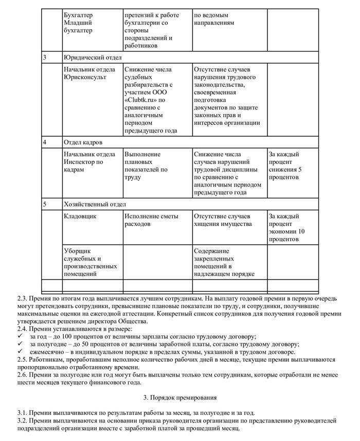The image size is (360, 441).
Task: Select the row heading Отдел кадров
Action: (x=83, y=142)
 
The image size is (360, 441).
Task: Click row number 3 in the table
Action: (x=45, y=57)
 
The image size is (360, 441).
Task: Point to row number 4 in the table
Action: (x=45, y=142)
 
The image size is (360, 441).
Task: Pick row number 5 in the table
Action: (x=45, y=204)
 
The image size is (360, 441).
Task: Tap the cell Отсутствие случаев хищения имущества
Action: (x=222, y=220)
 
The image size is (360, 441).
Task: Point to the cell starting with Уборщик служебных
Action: (x=84, y=262)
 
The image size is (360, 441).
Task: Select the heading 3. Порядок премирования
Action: (x=179, y=397)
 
